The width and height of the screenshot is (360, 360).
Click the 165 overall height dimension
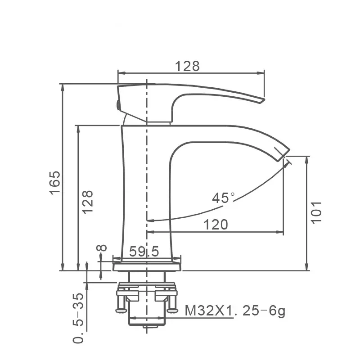(55, 183)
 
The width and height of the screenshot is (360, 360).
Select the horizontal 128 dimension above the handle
(187, 66)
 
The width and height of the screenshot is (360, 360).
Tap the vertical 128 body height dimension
(88, 202)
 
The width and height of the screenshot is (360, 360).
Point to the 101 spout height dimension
(316, 212)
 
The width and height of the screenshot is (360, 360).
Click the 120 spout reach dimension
(216, 225)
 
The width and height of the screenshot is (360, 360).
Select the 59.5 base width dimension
(144, 251)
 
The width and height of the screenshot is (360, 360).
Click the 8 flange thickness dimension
(102, 248)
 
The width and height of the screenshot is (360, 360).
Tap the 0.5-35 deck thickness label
(78, 318)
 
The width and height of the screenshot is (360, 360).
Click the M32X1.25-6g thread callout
(235, 311)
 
